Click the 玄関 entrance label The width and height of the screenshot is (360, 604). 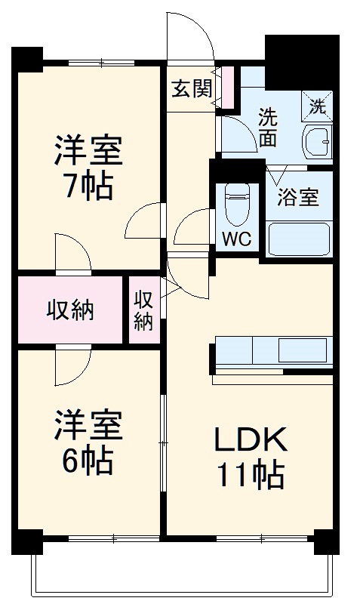(191, 89)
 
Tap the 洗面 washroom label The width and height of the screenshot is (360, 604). (268, 127)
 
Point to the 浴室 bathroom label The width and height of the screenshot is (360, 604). (297, 198)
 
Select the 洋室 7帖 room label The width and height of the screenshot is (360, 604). (87, 166)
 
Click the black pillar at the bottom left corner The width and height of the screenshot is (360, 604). (26, 542)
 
